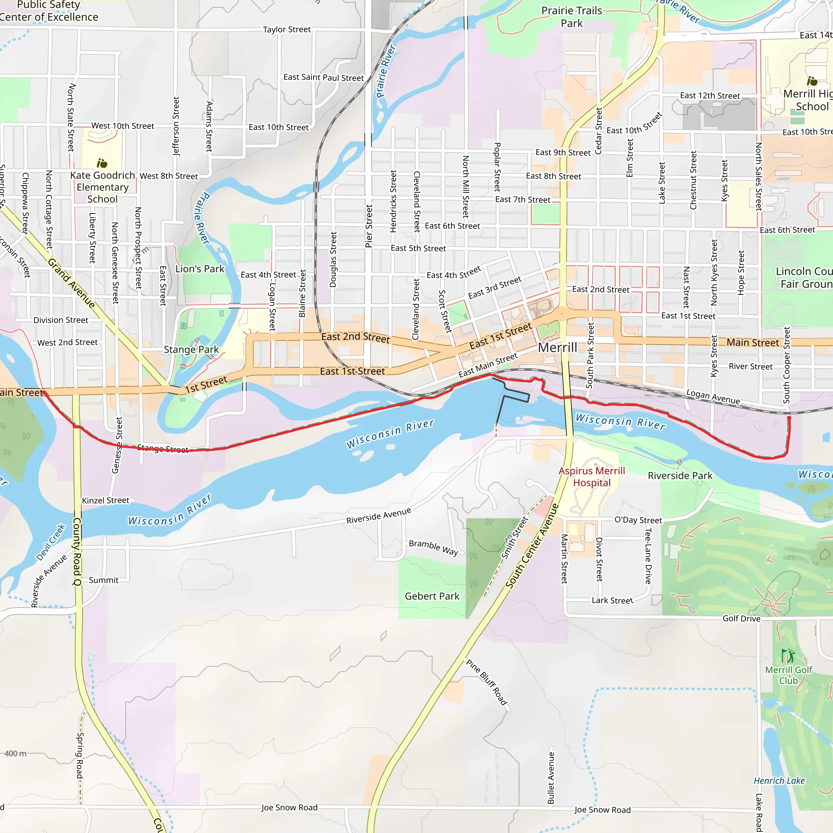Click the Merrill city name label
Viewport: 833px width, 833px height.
click(x=557, y=347)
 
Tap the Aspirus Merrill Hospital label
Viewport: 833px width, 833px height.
click(x=591, y=477)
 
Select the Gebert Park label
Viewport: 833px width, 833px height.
click(x=432, y=596)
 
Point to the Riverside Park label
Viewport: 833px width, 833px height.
click(x=680, y=475)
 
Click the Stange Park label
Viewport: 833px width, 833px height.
click(x=191, y=350)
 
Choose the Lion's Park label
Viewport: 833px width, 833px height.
click(x=200, y=269)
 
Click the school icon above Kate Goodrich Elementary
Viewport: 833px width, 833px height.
click(x=102, y=164)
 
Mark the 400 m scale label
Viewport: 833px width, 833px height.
click(x=15, y=754)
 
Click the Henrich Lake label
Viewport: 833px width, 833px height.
click(x=779, y=781)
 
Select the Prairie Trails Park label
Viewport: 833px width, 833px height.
click(x=572, y=17)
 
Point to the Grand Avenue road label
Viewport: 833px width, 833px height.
click(x=71, y=283)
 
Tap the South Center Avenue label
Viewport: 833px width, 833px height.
click(x=532, y=546)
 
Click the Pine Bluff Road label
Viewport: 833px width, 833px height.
click(x=487, y=682)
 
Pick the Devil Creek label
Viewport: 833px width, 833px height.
click(x=51, y=542)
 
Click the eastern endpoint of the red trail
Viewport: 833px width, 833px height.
click(x=789, y=418)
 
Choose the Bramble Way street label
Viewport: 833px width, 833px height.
click(x=433, y=547)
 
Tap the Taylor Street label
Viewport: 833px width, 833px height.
click(x=287, y=29)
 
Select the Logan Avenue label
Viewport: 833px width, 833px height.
click(x=713, y=397)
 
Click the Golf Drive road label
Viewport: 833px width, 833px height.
click(x=741, y=619)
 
